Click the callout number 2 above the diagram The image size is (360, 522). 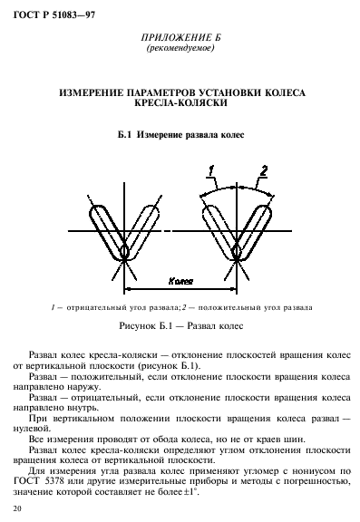click(x=263, y=169)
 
